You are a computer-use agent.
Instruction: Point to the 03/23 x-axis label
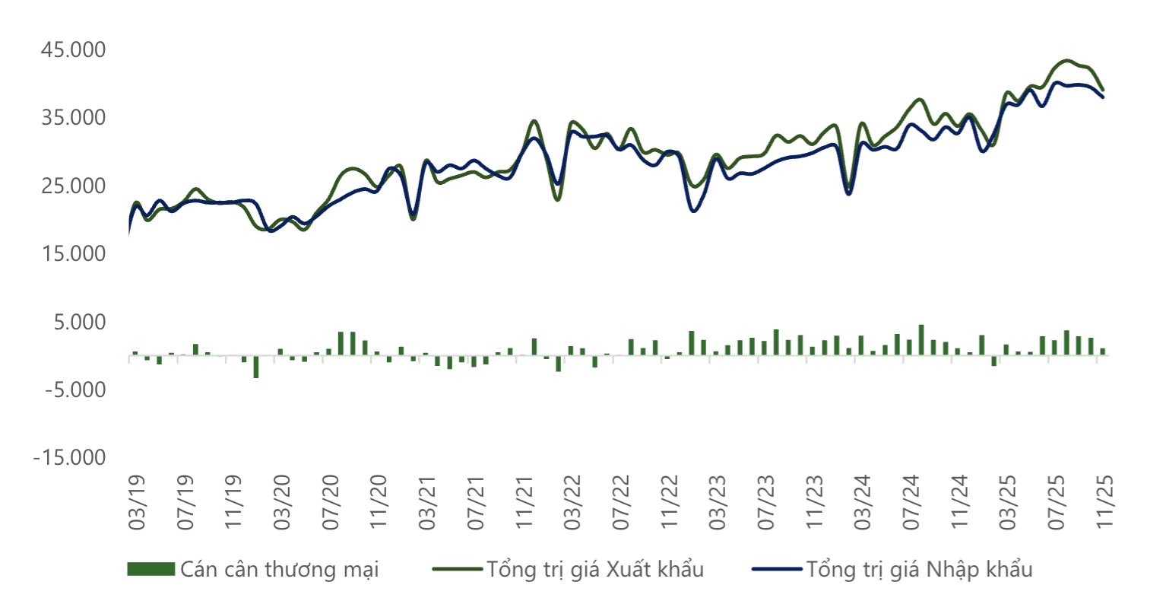tap(719, 503)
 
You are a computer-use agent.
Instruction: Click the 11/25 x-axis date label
tap(1106, 503)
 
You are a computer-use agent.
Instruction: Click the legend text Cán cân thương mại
tap(279, 569)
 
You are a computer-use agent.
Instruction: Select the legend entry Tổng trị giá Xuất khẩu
tap(595, 569)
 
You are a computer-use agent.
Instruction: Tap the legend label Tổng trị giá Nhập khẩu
tap(919, 569)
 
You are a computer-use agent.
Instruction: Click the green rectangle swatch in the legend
tap(151, 569)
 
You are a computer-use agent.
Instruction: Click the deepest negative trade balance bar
tap(256, 367)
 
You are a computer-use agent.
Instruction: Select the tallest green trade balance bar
tap(921, 340)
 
